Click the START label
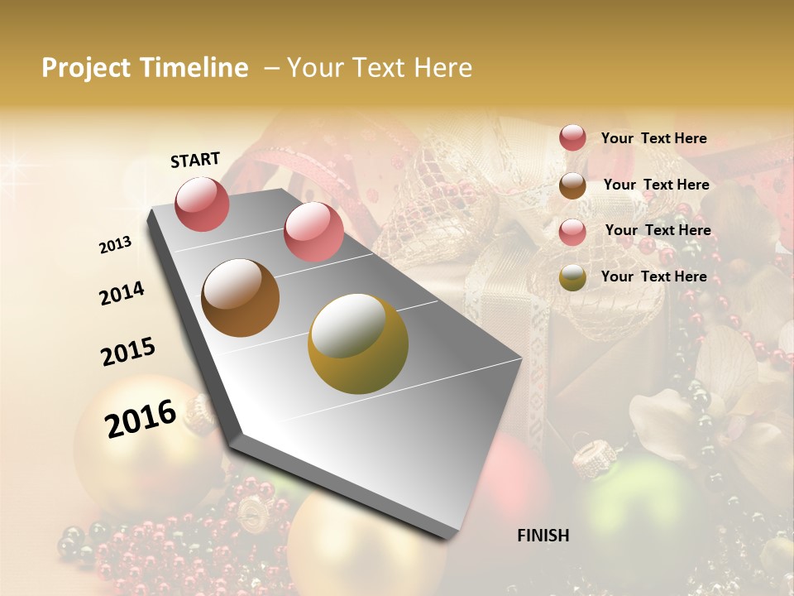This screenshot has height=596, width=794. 195,160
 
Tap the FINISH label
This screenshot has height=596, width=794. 543,536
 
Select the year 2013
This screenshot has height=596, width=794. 116,245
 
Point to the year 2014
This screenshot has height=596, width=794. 122,293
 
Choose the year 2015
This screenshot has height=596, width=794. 128,352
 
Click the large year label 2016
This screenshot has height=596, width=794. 141,418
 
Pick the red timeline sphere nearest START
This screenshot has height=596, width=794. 202,204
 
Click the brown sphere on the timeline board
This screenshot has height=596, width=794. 240,298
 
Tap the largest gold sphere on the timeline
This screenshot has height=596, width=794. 358,344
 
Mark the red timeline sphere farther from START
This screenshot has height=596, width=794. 313,232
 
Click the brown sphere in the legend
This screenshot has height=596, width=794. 572,185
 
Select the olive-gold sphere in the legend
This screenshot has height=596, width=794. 572,277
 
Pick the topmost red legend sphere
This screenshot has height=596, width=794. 572,138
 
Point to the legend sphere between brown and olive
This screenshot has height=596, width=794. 572,232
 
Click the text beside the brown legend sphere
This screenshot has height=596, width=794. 656,185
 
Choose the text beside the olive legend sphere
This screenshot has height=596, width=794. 653,276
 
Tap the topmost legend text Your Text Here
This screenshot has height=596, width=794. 653,139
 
